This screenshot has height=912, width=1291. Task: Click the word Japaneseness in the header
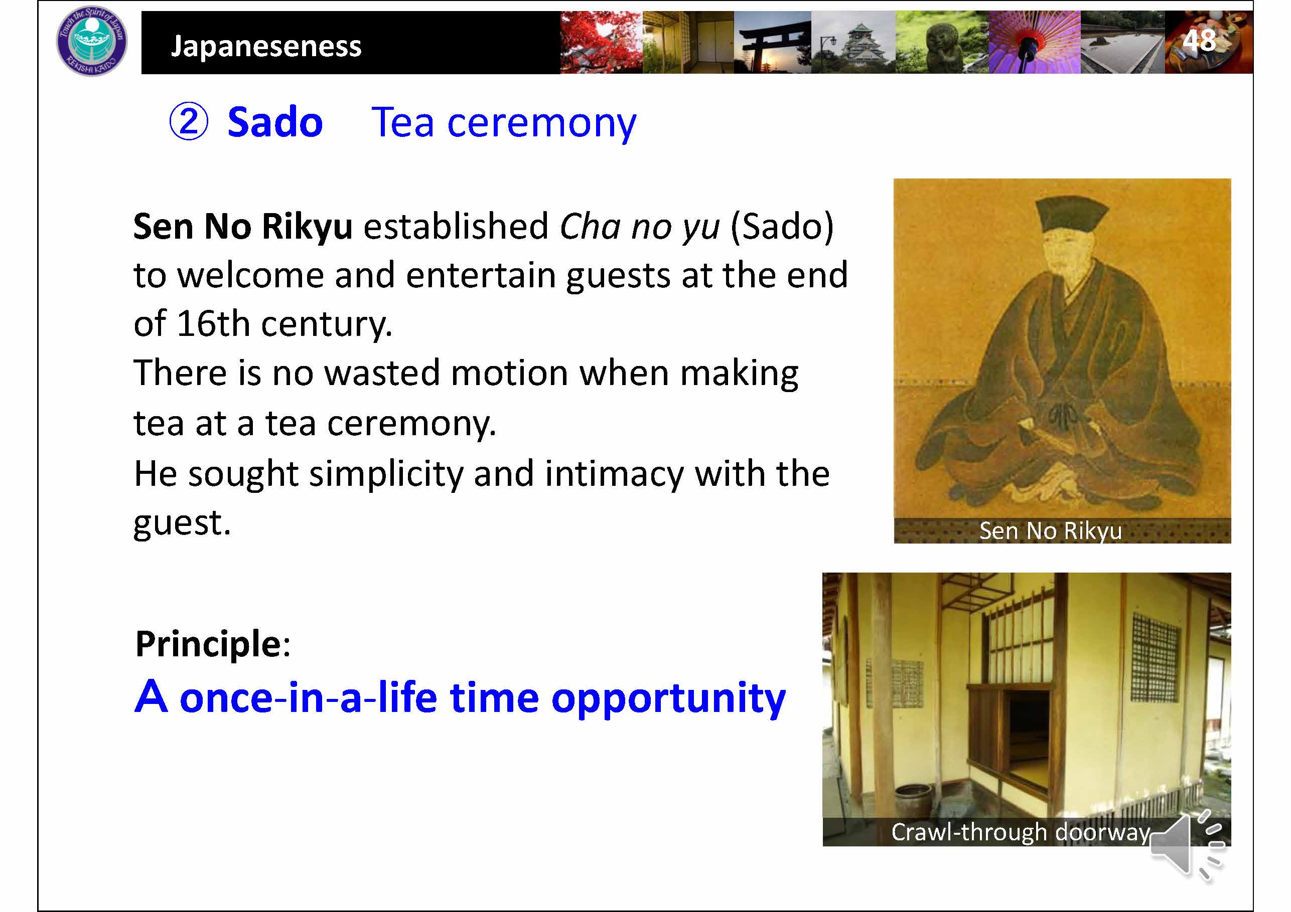(266, 46)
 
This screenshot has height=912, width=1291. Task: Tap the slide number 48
(1199, 41)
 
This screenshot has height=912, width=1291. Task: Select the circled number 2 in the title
(189, 122)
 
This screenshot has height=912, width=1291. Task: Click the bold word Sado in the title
(275, 122)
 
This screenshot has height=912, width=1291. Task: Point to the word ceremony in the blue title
(541, 124)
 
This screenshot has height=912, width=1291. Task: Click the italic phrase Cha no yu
(640, 227)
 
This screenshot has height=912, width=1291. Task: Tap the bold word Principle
(208, 645)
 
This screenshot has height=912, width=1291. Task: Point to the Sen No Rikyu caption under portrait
(1050, 531)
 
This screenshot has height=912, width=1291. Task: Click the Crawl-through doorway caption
(1021, 832)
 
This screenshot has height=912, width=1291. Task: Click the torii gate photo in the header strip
(772, 42)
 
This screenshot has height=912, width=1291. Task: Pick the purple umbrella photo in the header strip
(1034, 42)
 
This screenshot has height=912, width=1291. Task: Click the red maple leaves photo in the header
(601, 42)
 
